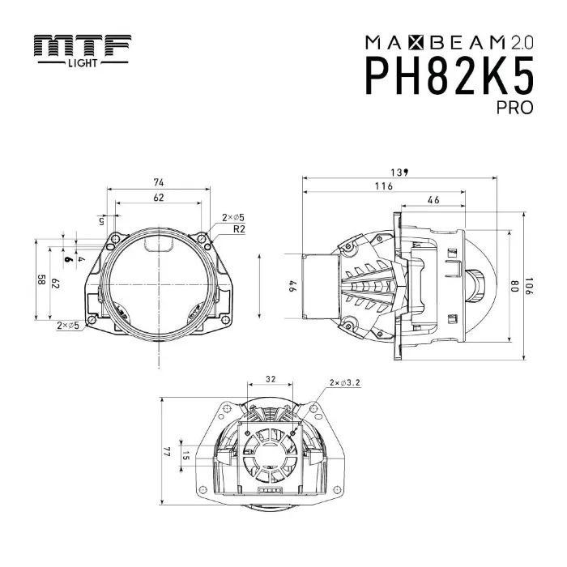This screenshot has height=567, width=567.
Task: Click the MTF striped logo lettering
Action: [x=83, y=47]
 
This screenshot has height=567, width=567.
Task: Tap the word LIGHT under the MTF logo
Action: [x=83, y=62]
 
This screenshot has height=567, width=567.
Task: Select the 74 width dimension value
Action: [x=158, y=182]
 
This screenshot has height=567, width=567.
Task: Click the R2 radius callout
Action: [x=239, y=229]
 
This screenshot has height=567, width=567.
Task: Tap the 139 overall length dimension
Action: [x=399, y=172]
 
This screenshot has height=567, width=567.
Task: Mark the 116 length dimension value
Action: [x=384, y=186]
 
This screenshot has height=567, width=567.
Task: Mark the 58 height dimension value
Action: [x=40, y=281]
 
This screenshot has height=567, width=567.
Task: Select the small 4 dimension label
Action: [x=82, y=258]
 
